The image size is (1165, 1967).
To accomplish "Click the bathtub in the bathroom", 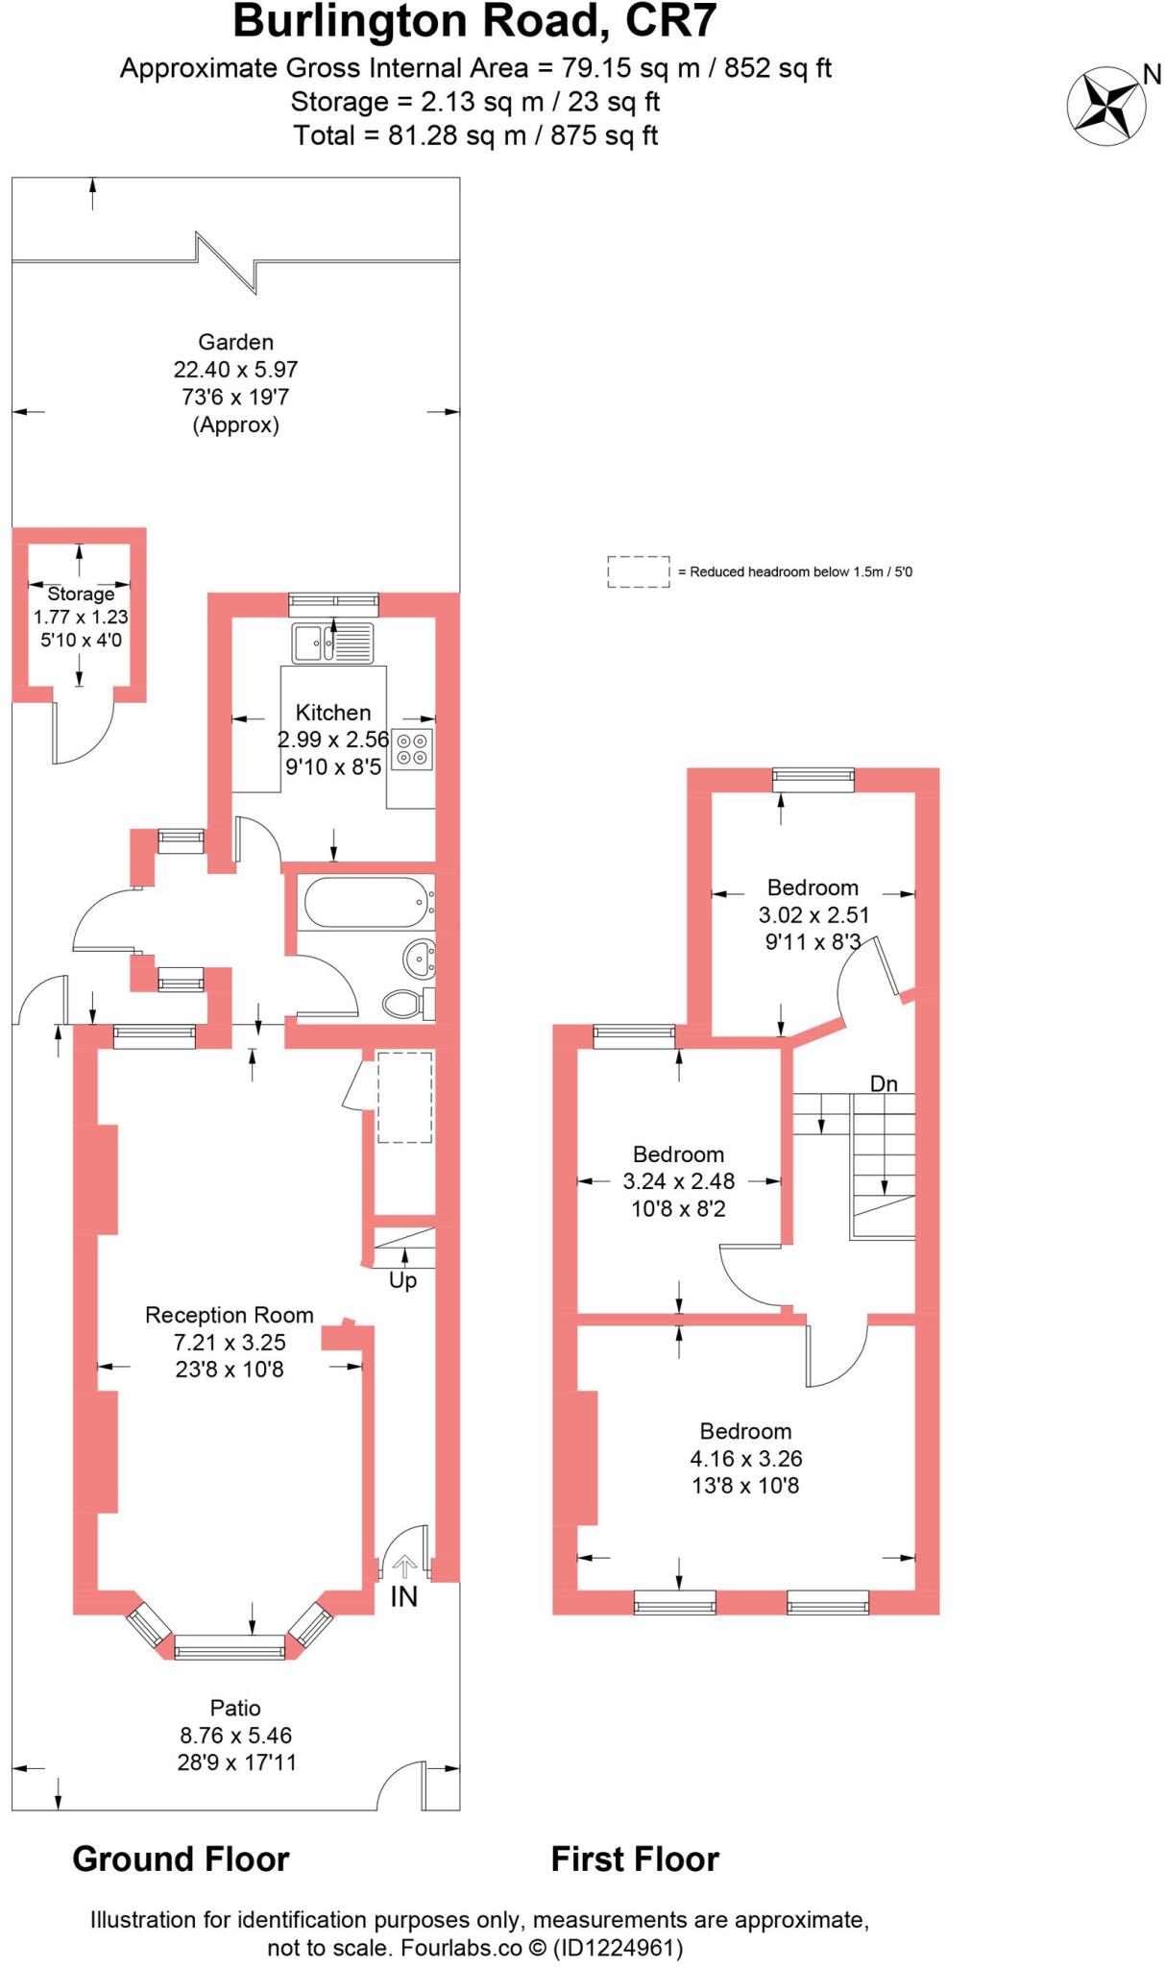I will [365, 902].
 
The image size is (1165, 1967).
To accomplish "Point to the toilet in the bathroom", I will [405, 1005].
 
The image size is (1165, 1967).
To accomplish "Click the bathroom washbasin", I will [420, 957].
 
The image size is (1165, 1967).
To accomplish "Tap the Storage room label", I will [81, 594].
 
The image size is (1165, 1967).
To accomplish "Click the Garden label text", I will [235, 342].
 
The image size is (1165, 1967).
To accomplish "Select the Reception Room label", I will [229, 1315].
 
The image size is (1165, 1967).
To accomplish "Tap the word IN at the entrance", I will [403, 1596].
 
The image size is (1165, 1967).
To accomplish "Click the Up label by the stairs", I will [402, 1280].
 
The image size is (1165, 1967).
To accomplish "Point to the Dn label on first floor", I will [883, 1083].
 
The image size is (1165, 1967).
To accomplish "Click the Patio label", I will [235, 1708].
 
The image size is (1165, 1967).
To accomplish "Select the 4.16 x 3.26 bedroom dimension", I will [745, 1458].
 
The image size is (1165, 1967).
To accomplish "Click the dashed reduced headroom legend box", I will [638, 571].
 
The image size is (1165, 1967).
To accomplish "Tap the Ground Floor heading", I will [181, 1858].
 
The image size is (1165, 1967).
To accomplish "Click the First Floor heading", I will [634, 1858].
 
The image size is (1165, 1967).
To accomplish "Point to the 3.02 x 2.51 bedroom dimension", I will [813, 914].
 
